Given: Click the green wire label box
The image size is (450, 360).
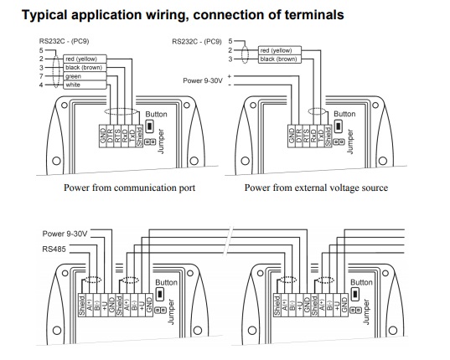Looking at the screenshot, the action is coord(85,76).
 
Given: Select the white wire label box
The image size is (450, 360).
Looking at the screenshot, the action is coord(85,85).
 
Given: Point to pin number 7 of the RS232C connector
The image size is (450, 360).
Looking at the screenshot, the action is coord(41,76).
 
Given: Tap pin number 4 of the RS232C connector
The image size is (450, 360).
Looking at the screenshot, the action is coord(41,85).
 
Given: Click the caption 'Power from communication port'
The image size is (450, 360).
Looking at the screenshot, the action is coord(129,188).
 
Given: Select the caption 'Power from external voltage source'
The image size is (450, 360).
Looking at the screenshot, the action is coord(316,188).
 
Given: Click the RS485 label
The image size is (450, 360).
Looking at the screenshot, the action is coord(54,249).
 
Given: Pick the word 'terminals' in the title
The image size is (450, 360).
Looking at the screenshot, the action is coord(314,15).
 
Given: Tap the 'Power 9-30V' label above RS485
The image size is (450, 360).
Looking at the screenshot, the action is coord(65,234).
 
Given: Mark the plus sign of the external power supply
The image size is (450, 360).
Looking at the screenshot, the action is coord(230,76).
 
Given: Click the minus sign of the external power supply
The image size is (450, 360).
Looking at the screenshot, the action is coord(230,85).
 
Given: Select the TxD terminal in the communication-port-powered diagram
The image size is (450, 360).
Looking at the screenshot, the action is coord(132,136).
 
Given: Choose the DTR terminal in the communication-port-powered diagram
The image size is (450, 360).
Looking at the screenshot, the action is coord(110,136).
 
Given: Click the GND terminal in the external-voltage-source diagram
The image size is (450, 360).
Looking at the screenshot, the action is coord(292,136).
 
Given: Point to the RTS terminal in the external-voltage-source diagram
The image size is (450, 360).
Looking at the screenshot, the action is coord(306,136).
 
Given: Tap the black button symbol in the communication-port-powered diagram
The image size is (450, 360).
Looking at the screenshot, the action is coord(149,126).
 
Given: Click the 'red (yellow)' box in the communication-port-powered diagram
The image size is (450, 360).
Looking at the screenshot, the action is coord(85,59).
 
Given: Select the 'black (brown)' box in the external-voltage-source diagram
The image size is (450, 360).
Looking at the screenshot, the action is coord(280,59).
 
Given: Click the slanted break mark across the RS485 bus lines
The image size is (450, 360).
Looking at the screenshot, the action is coord(230,241).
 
